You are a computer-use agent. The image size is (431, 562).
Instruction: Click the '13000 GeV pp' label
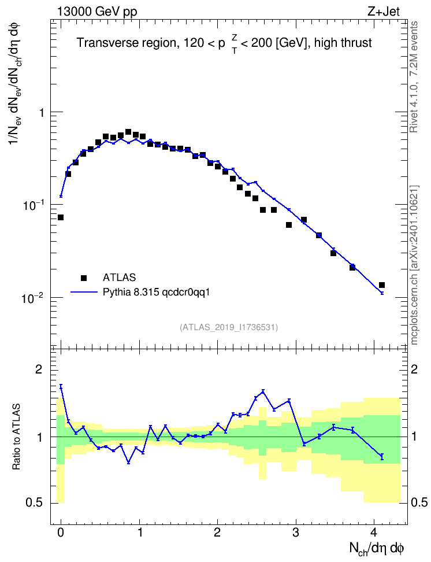pos(97,12)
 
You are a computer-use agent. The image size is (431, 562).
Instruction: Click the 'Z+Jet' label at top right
pos(384,12)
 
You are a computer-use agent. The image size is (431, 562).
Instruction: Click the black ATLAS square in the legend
pos(84,278)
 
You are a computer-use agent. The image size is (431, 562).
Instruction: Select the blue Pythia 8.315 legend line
pos(84,292)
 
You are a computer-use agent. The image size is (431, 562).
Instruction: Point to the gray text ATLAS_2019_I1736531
pos(229,327)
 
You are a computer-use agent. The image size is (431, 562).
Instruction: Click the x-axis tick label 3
pos(296,533)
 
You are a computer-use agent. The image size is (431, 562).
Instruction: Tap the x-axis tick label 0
pos(61,533)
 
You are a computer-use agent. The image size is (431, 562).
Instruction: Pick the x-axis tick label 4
pos(374,533)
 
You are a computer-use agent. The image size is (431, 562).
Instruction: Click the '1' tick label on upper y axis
pos(42,113)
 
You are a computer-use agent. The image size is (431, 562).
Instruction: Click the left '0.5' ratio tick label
pos(35,503)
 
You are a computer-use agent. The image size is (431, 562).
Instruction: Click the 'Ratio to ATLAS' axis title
pos(16,437)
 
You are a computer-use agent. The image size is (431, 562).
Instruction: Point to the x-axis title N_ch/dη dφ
pos(377,549)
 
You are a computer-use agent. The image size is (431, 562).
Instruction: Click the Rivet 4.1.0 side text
pos(414,77)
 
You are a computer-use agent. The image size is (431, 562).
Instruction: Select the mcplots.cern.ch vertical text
pos(414,265)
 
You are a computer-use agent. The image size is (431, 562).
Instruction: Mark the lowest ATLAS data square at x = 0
pos(61,217)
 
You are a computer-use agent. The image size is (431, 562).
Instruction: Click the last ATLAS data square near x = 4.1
pos(382,285)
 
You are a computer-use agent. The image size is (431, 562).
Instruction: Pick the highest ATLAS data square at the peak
pos(128,132)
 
